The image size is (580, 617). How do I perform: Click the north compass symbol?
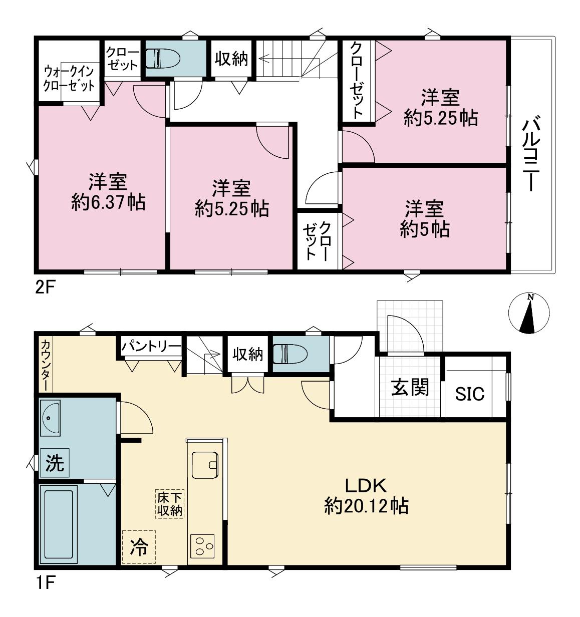pyautogui.click(x=529, y=314)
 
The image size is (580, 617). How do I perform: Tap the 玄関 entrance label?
pyautogui.click(x=410, y=388)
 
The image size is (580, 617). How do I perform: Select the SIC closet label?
pyautogui.click(x=470, y=394)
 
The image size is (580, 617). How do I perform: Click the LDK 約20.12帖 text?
pyautogui.click(x=366, y=496)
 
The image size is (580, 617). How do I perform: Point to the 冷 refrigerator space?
pyautogui.click(x=139, y=547)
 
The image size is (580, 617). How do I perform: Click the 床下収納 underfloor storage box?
pyautogui.click(x=170, y=504)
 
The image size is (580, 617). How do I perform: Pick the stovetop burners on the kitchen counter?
pyautogui.click(x=202, y=546)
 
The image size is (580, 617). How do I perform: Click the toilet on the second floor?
pyautogui.click(x=162, y=58)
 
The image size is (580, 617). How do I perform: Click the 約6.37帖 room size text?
pyautogui.click(x=108, y=202)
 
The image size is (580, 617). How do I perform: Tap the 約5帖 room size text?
pyautogui.click(x=424, y=229)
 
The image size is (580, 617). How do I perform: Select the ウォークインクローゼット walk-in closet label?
pyautogui.click(x=69, y=78)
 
